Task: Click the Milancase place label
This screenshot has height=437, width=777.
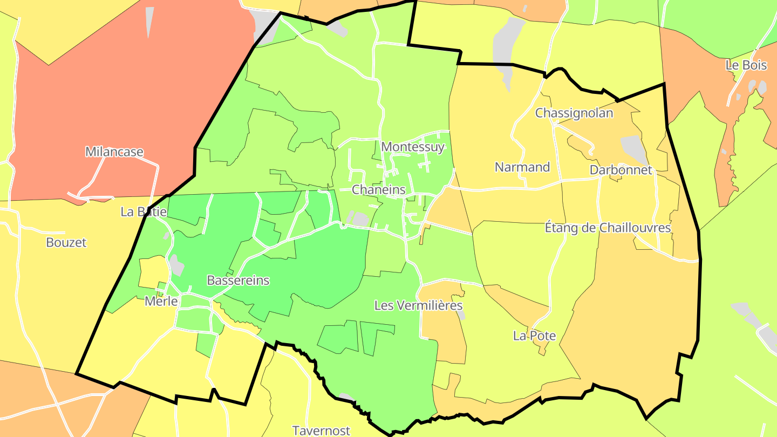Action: [x=114, y=152]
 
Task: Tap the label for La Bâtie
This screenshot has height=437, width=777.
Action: [x=144, y=211]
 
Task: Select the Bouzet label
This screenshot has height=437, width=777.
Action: [x=66, y=242]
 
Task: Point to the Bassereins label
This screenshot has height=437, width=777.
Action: [x=238, y=280]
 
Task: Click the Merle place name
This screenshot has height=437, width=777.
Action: [x=161, y=301]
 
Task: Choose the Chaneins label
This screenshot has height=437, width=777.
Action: [x=378, y=189]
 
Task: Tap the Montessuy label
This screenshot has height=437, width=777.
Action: [x=413, y=146]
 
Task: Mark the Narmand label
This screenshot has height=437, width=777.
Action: [x=522, y=167]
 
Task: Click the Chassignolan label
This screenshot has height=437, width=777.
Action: [x=574, y=113]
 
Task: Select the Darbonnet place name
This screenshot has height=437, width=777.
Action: [x=621, y=169]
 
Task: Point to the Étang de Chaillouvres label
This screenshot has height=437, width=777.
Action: [x=608, y=228]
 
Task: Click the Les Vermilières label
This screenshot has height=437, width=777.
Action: [x=419, y=305]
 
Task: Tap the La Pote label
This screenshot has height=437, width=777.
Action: [x=534, y=336]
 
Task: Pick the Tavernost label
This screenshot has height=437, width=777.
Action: [x=321, y=430]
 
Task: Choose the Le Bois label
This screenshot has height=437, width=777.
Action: [x=746, y=65]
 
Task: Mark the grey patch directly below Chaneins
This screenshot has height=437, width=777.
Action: [x=360, y=219]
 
